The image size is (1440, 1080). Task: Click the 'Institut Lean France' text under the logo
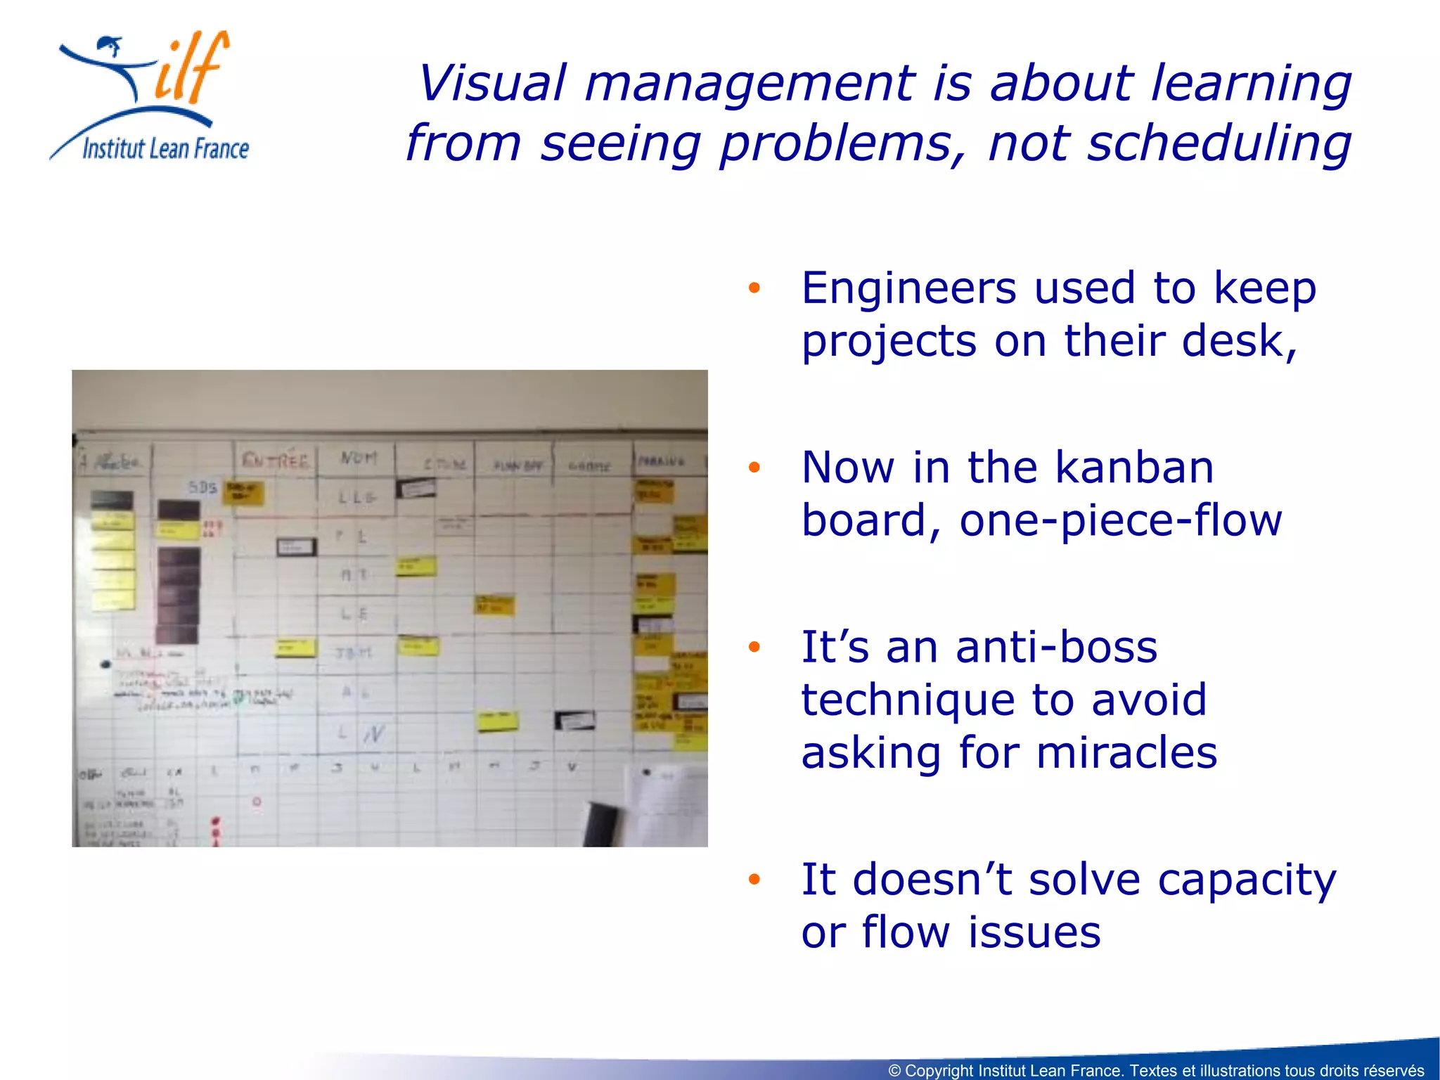(165, 149)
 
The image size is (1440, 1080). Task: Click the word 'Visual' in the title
(492, 83)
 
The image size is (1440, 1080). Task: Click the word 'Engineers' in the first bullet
(908, 288)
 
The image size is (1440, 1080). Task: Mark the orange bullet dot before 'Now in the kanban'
(754, 468)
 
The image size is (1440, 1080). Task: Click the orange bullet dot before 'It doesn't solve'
(754, 879)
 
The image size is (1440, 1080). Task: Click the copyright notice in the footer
(1156, 1070)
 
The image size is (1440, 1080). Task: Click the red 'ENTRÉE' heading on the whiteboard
(276, 461)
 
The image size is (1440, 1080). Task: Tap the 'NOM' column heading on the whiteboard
(359, 458)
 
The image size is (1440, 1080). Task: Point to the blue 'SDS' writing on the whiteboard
(202, 487)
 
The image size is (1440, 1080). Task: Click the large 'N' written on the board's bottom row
(374, 734)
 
